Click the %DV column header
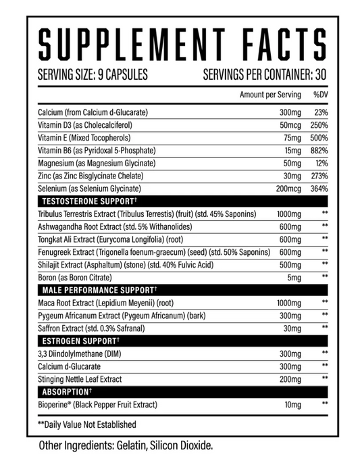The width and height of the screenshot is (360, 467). point(319,95)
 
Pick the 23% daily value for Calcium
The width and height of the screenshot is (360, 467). point(320,113)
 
